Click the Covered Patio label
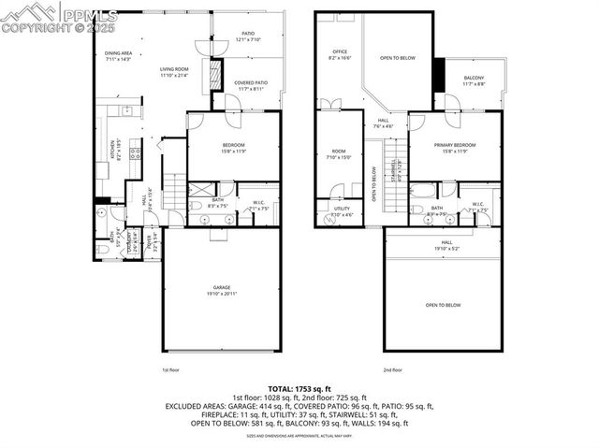(252, 85)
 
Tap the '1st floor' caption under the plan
(170, 369)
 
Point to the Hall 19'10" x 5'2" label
(444, 245)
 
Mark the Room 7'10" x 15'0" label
(339, 153)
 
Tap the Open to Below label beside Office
(398, 57)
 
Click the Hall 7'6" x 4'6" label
(384, 122)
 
